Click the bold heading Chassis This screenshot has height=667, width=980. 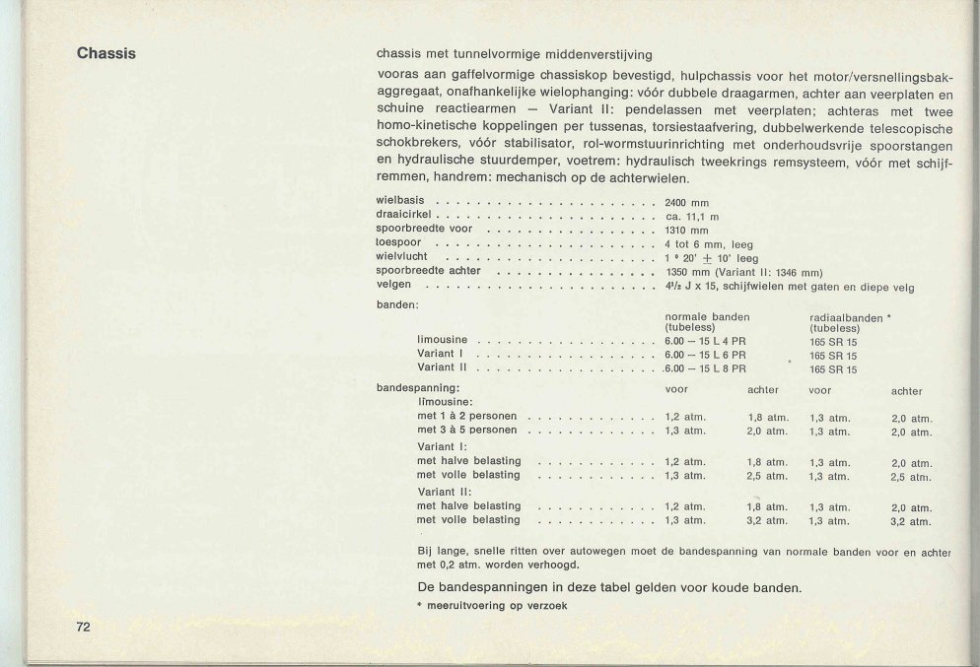(106, 53)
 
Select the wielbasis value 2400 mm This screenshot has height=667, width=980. (687, 202)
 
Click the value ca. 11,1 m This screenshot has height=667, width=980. (692, 216)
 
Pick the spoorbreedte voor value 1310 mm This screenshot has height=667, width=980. (687, 230)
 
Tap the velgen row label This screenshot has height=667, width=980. (393, 285)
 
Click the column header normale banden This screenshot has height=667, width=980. (707, 316)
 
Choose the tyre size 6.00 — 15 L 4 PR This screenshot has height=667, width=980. (705, 341)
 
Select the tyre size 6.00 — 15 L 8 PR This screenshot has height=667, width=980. (705, 368)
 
